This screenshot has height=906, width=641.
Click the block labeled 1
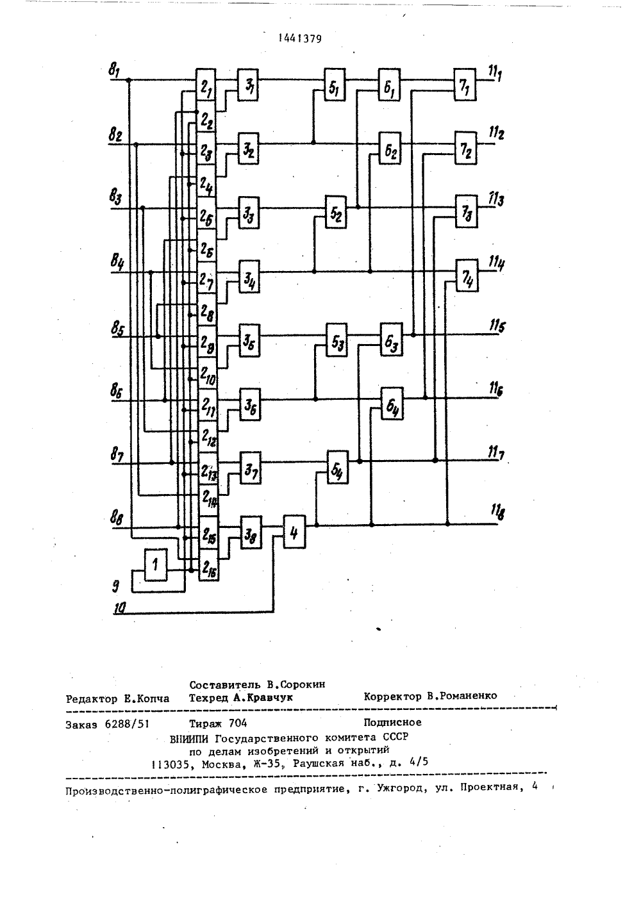156,564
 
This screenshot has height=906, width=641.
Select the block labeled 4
294,532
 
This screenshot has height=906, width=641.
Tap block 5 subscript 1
334,85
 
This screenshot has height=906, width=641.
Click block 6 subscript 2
390,149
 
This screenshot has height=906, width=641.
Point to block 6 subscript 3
391,340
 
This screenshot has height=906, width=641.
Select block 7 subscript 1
465,85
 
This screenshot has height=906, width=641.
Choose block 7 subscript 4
467,276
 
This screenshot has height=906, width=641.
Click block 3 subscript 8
251,532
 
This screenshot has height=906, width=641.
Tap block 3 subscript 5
250,340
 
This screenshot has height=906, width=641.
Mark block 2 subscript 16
208,565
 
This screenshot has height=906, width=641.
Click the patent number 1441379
300,39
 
